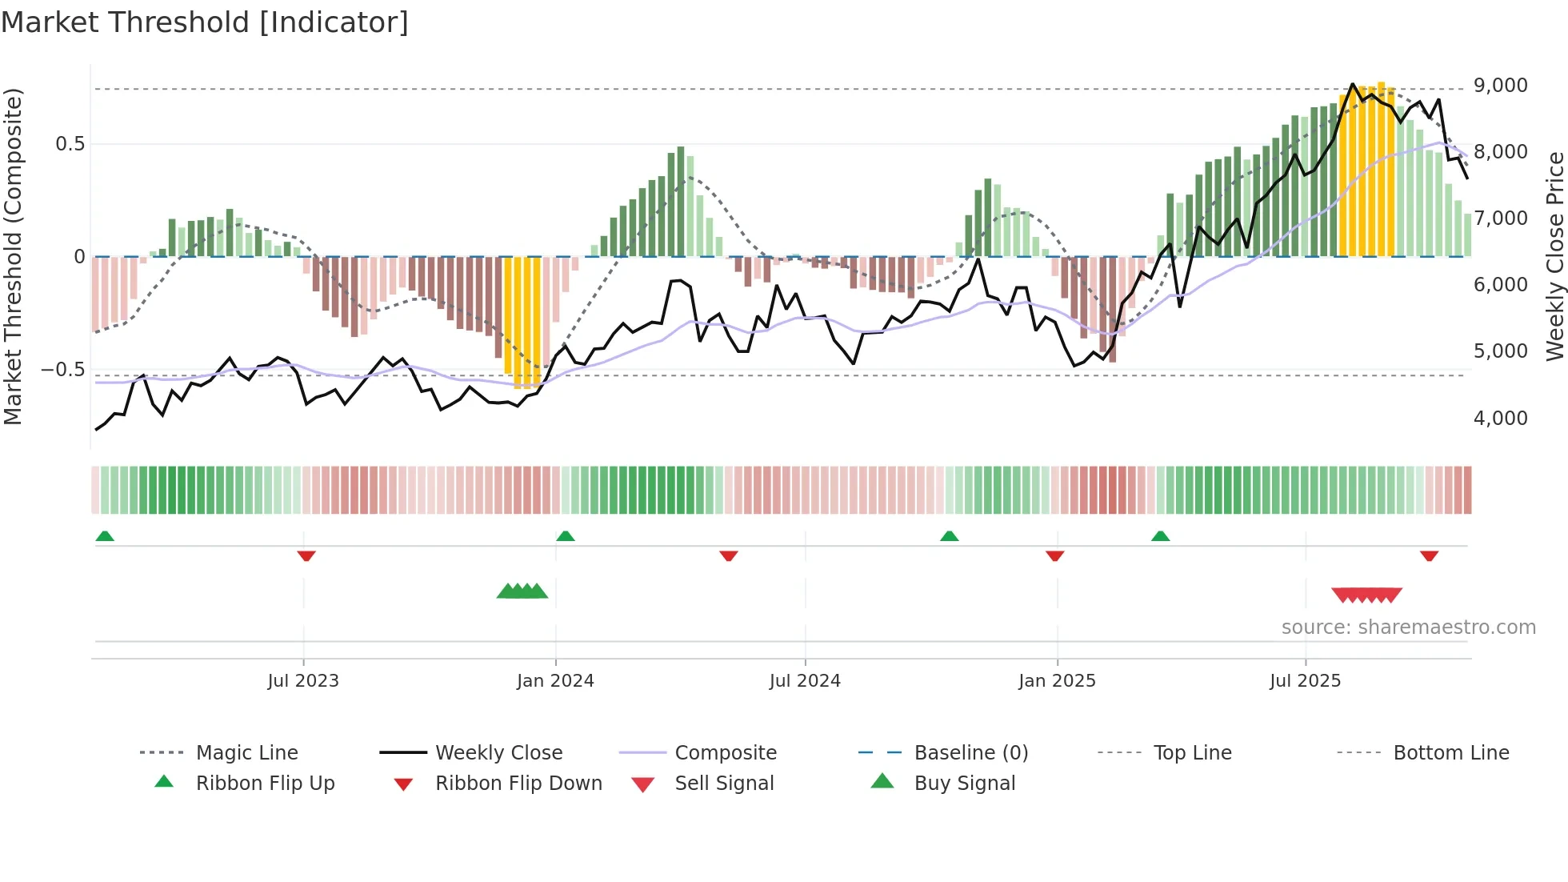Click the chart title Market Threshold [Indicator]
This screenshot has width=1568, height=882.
(x=205, y=22)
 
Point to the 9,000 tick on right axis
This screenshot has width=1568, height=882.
(x=1500, y=86)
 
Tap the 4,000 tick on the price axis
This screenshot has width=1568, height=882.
(x=1500, y=418)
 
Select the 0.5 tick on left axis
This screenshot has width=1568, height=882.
(x=70, y=144)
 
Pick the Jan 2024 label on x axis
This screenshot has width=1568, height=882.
(x=555, y=681)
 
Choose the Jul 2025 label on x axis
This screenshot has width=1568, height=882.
(x=1305, y=681)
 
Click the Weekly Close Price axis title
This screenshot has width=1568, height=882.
(x=1554, y=256)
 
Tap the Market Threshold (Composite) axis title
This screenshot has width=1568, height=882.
(x=13, y=256)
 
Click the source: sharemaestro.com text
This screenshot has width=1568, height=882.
(x=1408, y=627)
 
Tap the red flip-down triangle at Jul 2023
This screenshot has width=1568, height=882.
(x=306, y=555)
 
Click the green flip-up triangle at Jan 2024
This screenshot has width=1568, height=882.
(x=566, y=536)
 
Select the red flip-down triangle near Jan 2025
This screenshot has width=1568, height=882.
(x=1055, y=555)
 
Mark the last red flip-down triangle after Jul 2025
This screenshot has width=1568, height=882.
(x=1430, y=555)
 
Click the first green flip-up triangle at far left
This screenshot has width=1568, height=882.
(x=105, y=536)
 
